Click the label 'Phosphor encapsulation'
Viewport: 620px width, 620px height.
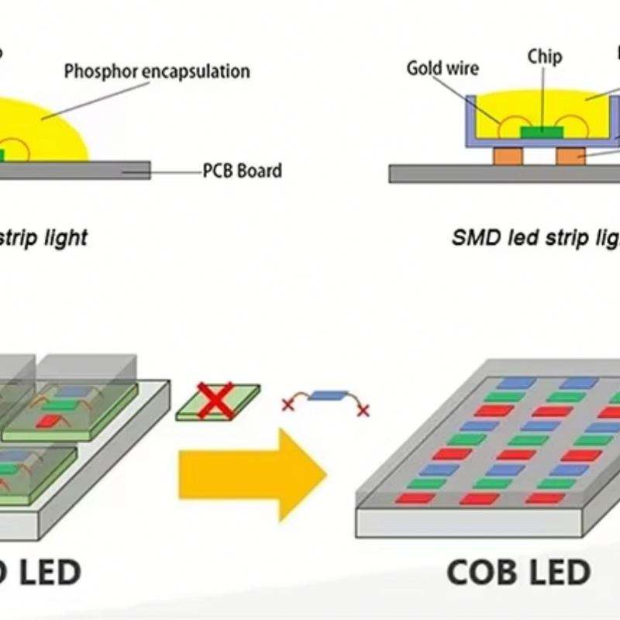[x=157, y=72]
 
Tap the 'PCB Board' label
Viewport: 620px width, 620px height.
[x=242, y=170]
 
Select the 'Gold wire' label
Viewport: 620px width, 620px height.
[x=443, y=68]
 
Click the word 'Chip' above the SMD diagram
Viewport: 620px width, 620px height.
[x=545, y=57]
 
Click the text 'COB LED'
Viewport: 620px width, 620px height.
[x=518, y=573]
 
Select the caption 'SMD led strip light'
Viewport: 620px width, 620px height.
[x=535, y=239]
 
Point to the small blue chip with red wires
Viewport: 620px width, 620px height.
[x=325, y=394]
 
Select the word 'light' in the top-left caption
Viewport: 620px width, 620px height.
[x=64, y=237]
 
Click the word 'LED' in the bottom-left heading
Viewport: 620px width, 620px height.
[x=46, y=573]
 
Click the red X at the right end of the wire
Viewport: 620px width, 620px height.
[x=363, y=410]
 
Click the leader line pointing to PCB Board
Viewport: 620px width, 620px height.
[x=174, y=170]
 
